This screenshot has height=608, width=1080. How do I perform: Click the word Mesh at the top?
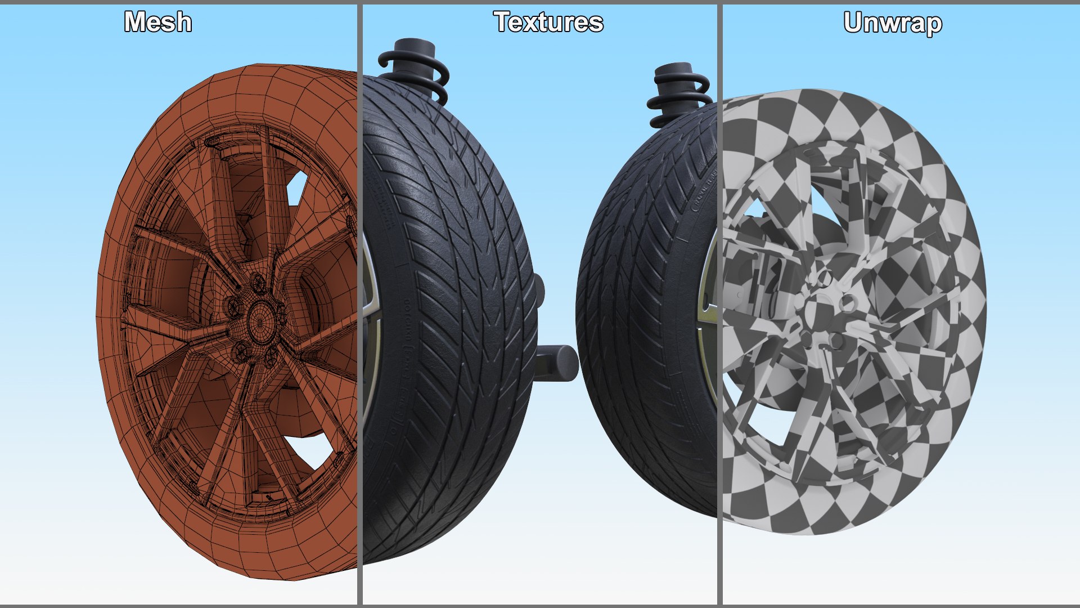coord(158,23)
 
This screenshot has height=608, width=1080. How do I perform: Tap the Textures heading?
coord(548,23)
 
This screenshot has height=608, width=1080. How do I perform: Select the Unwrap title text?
coord(893,24)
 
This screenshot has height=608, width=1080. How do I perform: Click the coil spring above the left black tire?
coord(416,73)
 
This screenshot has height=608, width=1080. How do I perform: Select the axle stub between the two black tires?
coord(557,362)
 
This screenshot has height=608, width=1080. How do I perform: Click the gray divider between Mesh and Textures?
coord(359,304)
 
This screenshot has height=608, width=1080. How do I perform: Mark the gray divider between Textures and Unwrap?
coord(719,304)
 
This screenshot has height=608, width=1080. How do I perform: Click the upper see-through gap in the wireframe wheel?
coord(296,186)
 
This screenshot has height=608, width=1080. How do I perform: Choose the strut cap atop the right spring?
coord(674,70)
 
